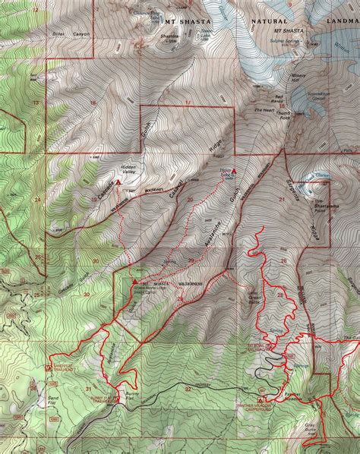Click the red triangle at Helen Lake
(234, 171)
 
